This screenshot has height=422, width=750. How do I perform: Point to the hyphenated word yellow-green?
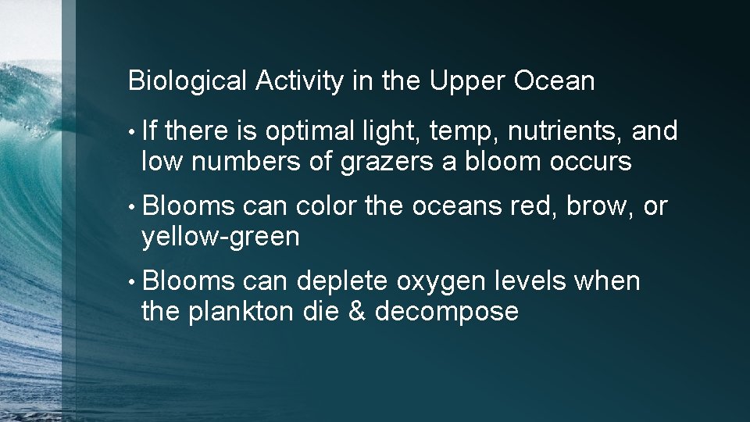click(220, 237)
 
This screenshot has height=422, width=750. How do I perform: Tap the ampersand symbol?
click(357, 311)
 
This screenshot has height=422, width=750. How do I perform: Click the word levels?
click(527, 281)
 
